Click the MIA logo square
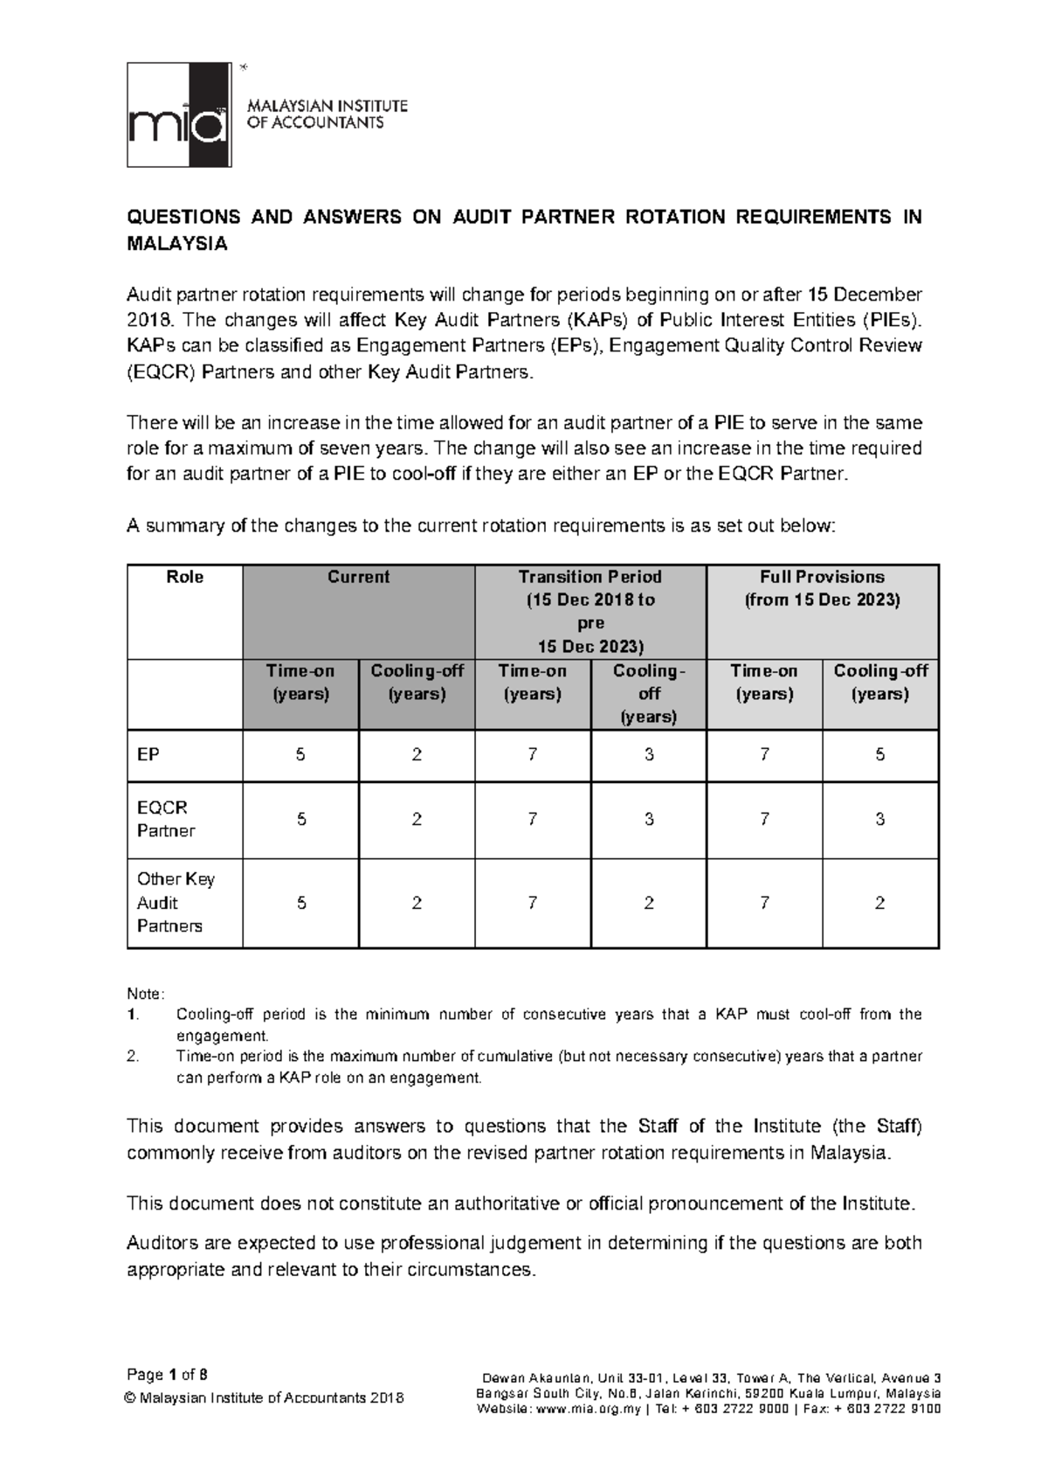coord(179,114)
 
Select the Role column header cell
coord(184,577)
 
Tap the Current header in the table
coord(358,577)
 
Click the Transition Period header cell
coord(590,611)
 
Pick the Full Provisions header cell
coord(822,588)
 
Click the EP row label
coord(148,755)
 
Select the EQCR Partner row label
coord(162,820)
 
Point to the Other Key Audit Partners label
coord(175,903)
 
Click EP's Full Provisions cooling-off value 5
coord(879,755)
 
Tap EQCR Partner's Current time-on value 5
coord(300,820)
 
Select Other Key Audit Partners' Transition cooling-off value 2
coord(649,903)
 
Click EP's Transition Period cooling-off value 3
coord(649,755)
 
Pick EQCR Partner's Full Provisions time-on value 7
coord(764,820)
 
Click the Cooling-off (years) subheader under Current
coord(417,683)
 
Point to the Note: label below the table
coord(145,995)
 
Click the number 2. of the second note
coord(132,1057)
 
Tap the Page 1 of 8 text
coord(167,1374)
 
